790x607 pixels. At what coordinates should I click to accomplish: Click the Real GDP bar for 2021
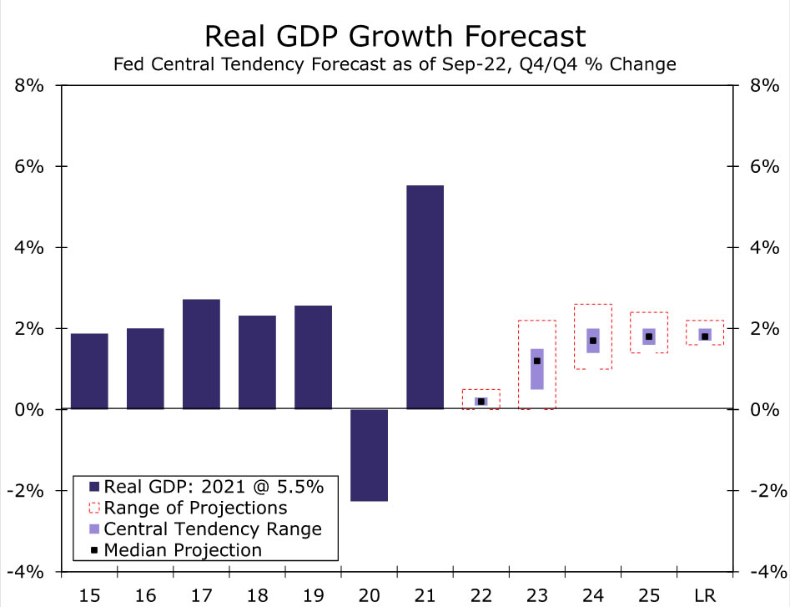tap(425, 296)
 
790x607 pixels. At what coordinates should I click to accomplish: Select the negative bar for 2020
tap(369, 455)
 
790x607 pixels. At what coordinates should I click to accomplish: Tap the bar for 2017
tap(201, 354)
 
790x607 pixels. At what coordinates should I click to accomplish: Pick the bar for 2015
tap(89, 372)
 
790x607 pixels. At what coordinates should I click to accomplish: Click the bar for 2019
tap(313, 357)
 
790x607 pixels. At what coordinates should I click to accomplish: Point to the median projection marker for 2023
tap(537, 361)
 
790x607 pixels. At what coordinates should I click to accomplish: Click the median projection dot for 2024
tap(593, 341)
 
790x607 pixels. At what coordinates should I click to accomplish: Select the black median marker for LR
tap(705, 336)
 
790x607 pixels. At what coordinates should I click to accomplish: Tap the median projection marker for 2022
tap(481, 402)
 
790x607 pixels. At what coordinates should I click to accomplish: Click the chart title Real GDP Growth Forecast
tap(395, 37)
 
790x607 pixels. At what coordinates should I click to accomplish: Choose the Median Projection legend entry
tap(183, 549)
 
